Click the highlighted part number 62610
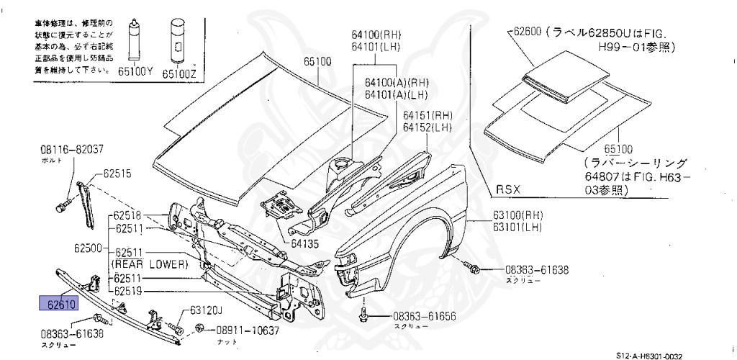[58, 304]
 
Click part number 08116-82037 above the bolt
[72, 150]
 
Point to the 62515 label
[117, 174]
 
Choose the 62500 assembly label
[89, 247]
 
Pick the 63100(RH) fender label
[517, 215]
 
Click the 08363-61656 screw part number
[425, 317]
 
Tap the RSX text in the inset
[507, 190]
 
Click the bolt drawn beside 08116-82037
[60, 207]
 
